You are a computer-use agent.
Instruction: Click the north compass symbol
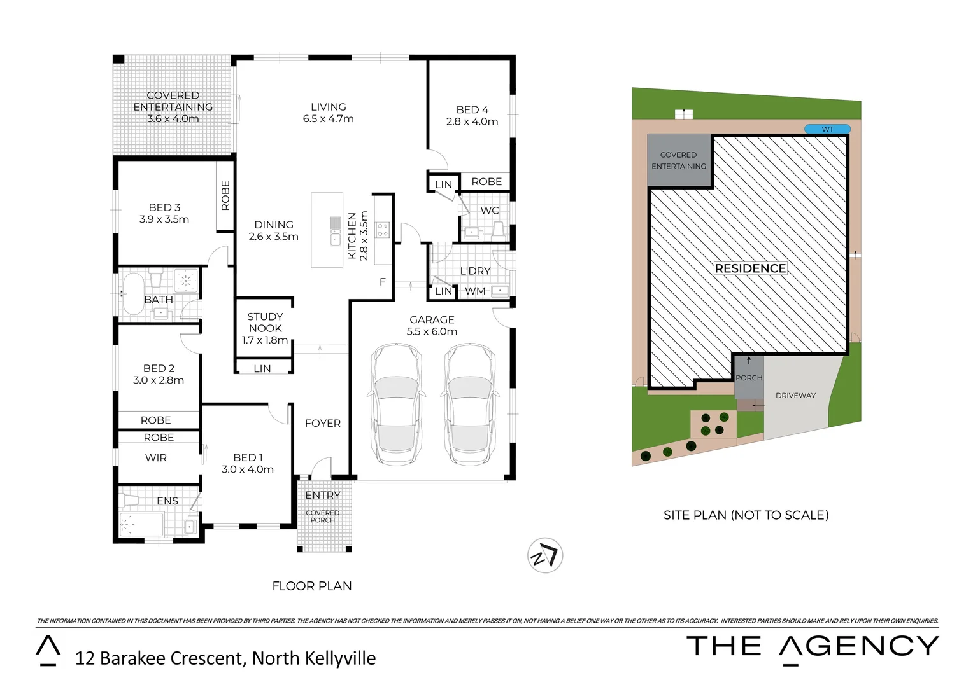tap(545, 555)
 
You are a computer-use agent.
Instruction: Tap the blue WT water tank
tap(827, 129)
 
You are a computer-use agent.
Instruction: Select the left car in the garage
tap(396, 405)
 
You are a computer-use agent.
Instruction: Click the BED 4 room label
tap(472, 115)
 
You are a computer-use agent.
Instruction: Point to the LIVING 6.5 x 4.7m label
tap(328, 113)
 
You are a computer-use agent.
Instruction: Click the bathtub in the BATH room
tap(133, 294)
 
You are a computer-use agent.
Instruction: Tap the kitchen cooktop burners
tap(383, 230)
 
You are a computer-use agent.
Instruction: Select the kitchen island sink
tap(335, 231)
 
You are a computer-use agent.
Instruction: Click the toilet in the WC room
tap(499, 230)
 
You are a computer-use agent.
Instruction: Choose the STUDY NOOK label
tap(265, 328)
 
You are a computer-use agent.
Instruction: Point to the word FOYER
tap(323, 423)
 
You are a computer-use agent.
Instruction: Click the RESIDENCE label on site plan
tap(750, 268)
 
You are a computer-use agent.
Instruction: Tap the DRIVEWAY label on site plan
tap(795, 396)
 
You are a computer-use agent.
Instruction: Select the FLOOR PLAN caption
tap(312, 586)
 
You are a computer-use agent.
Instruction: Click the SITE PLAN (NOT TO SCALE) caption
tap(746, 515)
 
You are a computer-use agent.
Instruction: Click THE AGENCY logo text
tap(813, 647)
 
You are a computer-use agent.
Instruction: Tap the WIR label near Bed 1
tap(156, 457)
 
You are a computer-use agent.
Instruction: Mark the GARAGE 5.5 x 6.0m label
tap(432, 325)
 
